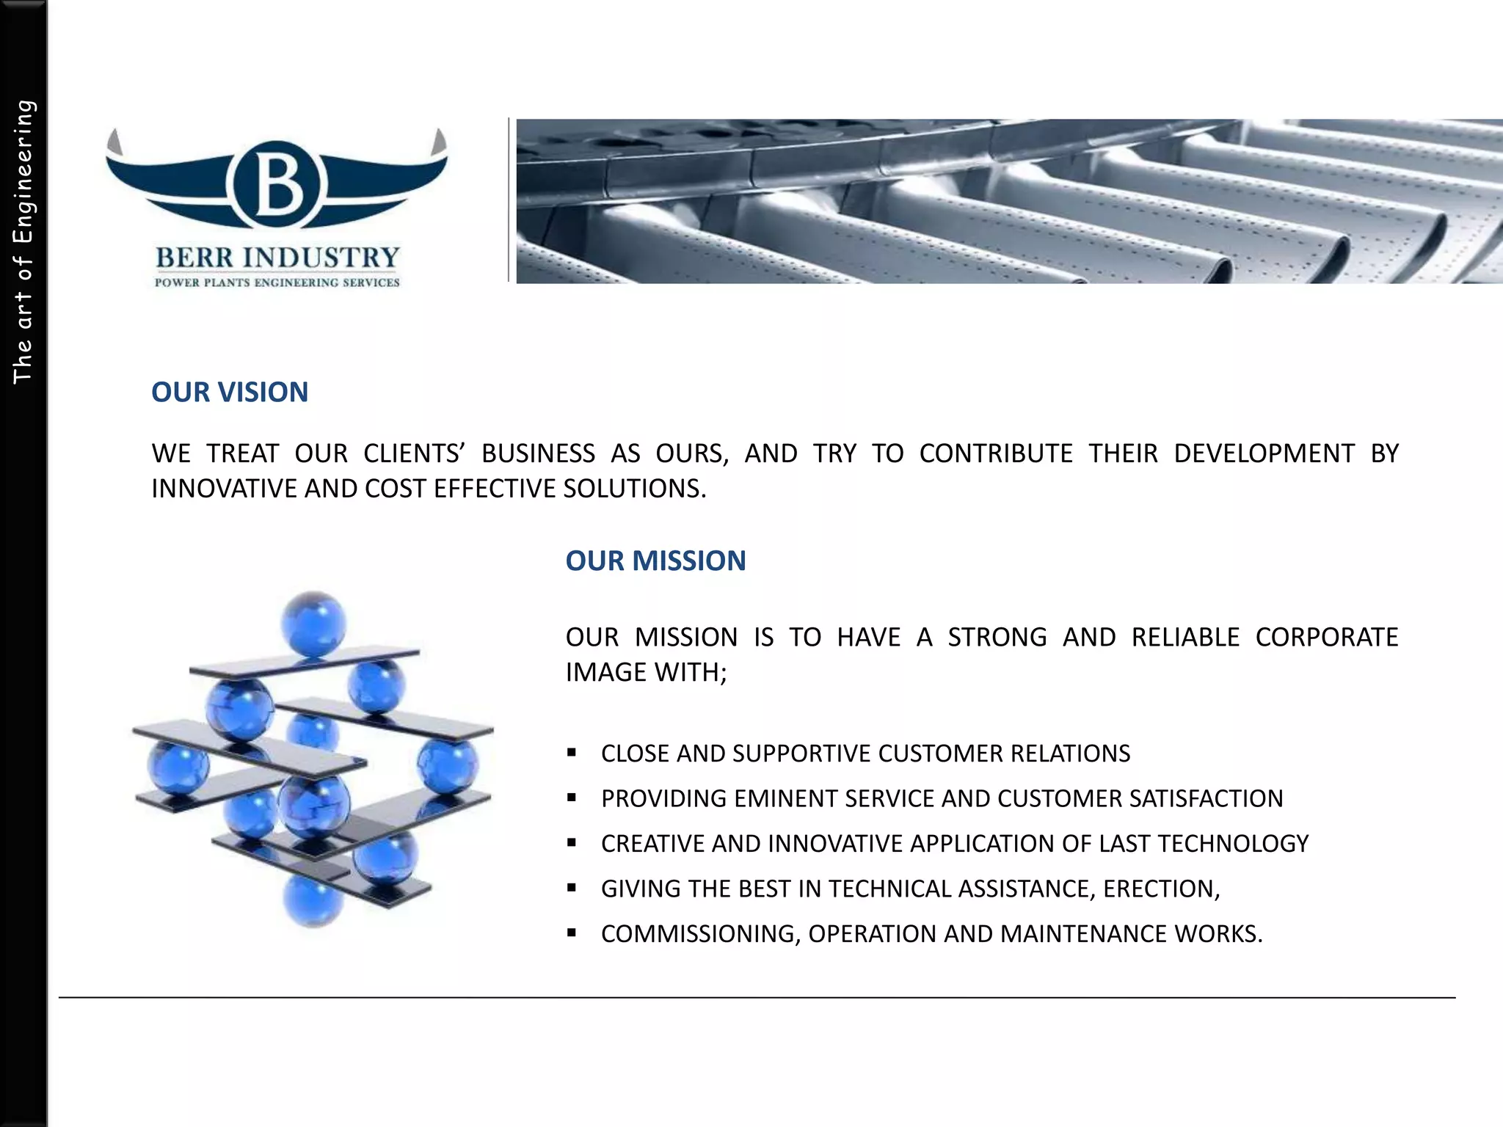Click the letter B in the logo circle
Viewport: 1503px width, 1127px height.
point(277,184)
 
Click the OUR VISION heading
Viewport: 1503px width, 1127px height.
point(230,393)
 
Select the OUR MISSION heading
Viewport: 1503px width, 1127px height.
point(655,561)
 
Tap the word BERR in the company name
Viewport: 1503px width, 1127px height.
point(194,258)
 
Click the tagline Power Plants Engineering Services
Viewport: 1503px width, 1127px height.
point(277,282)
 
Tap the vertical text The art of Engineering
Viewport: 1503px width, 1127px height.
point(23,242)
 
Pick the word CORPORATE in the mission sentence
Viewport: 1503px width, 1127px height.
point(1327,638)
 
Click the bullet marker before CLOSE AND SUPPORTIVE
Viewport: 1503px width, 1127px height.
point(572,753)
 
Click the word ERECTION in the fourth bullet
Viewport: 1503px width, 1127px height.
point(1162,889)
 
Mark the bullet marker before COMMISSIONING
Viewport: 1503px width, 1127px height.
point(572,933)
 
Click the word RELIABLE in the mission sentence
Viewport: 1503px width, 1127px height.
point(1185,638)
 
